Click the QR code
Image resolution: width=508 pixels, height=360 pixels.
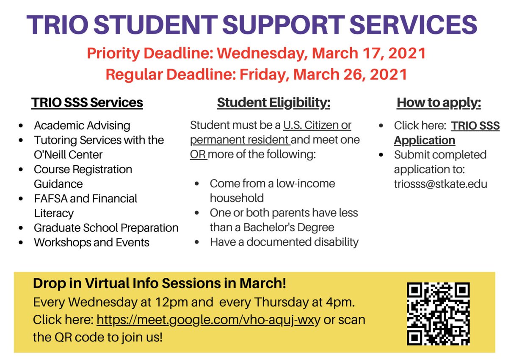point(438,314)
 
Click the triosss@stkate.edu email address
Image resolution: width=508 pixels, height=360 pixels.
point(441,184)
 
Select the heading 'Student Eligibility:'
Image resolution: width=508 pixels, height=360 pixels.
point(273,103)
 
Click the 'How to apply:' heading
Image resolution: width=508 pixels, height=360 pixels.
point(439,103)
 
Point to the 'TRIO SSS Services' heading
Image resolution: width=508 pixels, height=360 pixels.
point(87,103)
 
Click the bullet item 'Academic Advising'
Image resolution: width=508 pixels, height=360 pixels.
point(82,126)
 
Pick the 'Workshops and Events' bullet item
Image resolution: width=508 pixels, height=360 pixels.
point(91,243)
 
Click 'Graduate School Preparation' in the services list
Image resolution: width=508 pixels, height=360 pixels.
point(106,228)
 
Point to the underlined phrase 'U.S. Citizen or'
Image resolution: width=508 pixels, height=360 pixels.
point(317,126)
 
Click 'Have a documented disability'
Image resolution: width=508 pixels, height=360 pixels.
point(284,242)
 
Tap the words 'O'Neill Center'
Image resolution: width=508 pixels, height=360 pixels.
point(68,155)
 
